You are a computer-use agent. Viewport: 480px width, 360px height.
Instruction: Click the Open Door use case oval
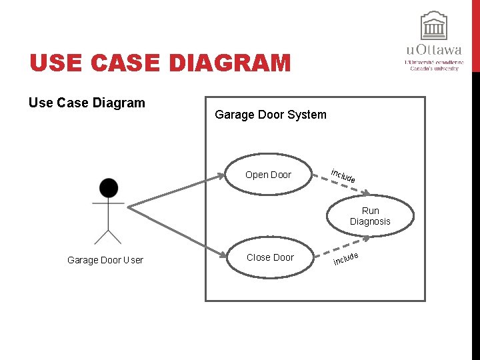(269, 175)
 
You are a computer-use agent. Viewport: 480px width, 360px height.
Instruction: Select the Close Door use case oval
(269, 257)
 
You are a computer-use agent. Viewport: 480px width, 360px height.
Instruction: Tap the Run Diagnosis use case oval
(369, 216)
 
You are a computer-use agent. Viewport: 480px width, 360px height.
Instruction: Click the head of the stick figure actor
(108, 188)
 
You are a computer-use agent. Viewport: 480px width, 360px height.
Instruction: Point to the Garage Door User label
(105, 260)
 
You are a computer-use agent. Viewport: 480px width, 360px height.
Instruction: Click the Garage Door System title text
(271, 115)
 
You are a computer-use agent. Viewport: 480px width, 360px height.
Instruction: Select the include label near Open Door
(343, 177)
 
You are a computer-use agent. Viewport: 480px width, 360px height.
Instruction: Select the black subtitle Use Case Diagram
(87, 103)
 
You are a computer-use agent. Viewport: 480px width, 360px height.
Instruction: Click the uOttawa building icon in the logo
(434, 27)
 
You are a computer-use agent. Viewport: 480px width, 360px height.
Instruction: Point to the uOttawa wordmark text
(434, 50)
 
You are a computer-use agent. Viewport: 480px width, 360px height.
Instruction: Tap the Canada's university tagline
(434, 68)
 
